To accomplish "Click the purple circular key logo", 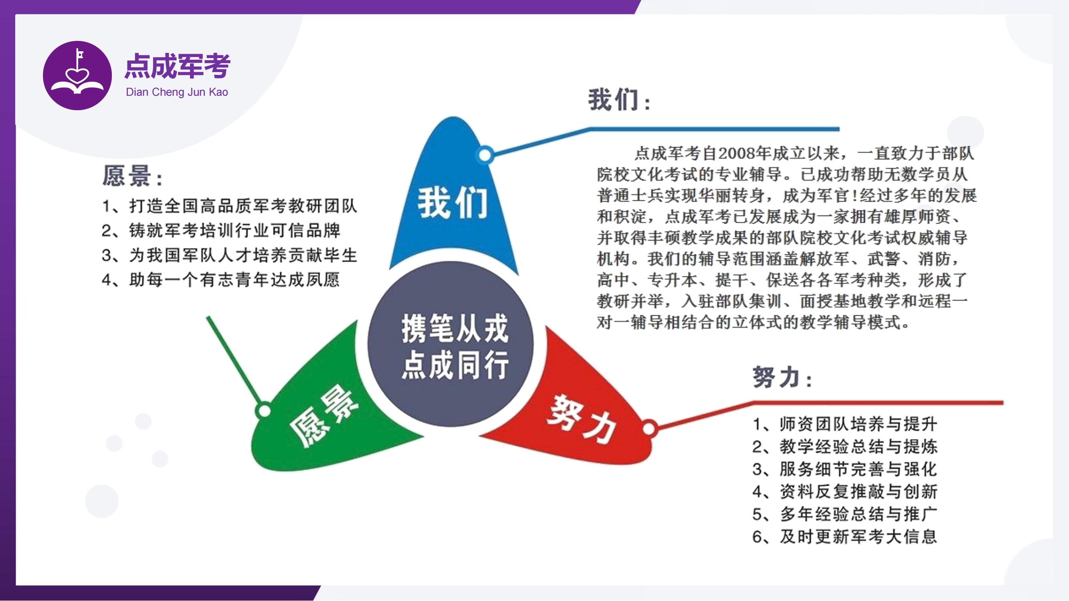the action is [77, 75].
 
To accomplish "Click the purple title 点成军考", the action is [178, 66].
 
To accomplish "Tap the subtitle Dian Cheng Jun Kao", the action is [177, 92].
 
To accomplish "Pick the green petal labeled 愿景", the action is [328, 411].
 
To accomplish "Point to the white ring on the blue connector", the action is [485, 155].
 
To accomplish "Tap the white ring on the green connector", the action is [264, 411].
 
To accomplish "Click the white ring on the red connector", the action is [649, 428].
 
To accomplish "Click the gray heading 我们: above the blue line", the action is [619, 100].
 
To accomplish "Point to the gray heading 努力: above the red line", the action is [782, 377].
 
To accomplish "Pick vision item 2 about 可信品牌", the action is [221, 231].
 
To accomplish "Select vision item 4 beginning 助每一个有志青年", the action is [221, 280].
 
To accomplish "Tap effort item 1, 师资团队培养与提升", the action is [845, 424].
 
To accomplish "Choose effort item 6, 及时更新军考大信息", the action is [845, 537].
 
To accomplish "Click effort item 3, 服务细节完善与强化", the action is [845, 469].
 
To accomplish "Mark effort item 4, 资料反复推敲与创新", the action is [845, 492].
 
